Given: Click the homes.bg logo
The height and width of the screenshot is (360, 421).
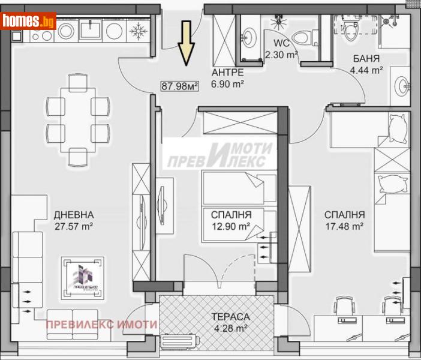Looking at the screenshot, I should pyautogui.click(x=29, y=21).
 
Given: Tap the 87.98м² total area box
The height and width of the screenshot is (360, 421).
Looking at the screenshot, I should pyautogui.click(x=180, y=86).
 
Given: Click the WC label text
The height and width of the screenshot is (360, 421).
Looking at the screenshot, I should pyautogui.click(x=281, y=44).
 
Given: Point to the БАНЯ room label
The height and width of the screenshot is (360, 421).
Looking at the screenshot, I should pyautogui.click(x=366, y=59).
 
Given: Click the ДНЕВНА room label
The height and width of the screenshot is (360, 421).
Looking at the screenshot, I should pyautogui.click(x=74, y=214).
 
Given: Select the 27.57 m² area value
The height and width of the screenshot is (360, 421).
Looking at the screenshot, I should pyautogui.click(x=74, y=226).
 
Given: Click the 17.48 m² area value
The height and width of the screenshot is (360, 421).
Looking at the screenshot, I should pyautogui.click(x=344, y=226).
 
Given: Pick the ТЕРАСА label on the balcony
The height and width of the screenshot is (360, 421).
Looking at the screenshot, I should pyautogui.click(x=230, y=316).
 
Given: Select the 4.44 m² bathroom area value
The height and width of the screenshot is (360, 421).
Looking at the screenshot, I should pyautogui.click(x=366, y=70).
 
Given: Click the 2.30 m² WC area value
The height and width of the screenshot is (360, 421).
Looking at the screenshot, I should pyautogui.click(x=281, y=55).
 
